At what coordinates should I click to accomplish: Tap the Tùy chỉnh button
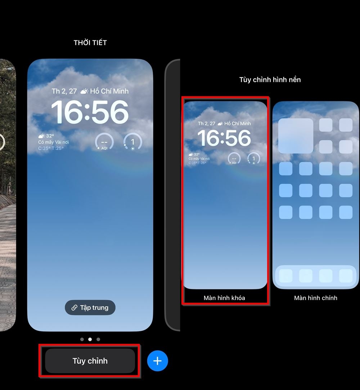[x=90, y=361]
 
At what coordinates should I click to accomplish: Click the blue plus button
[x=157, y=361]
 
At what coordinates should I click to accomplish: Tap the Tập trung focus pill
[x=90, y=307]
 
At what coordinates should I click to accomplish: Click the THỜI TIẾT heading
[x=90, y=43]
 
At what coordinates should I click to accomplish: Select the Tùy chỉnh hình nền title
[x=270, y=80]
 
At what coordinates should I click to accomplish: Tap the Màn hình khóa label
[x=224, y=298]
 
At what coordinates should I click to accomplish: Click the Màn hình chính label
[x=315, y=298]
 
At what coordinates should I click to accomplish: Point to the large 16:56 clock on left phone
[x=90, y=112]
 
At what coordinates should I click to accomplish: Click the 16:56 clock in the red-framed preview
[x=224, y=138]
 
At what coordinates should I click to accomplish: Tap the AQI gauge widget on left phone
[x=104, y=142]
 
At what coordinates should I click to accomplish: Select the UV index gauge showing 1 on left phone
[x=132, y=142]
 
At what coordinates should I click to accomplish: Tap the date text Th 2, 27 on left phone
[x=64, y=91]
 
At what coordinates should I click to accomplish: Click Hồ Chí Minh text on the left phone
[x=109, y=91]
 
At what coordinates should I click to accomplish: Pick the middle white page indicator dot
[x=90, y=339]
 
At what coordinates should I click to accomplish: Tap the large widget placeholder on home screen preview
[x=296, y=136]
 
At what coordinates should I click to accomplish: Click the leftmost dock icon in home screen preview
[x=286, y=276]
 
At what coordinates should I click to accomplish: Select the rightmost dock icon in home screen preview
[x=346, y=276]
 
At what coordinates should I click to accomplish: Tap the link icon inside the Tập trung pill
[x=74, y=307]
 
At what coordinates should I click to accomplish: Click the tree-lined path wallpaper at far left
[x=7, y=195]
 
